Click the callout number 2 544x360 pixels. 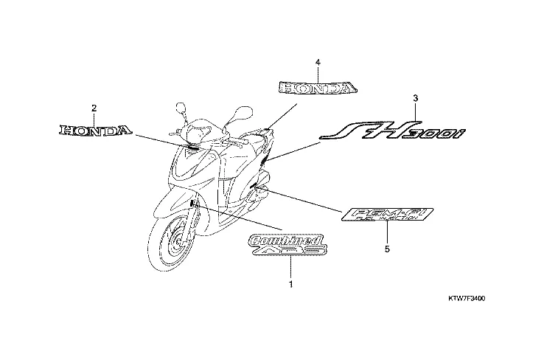(94, 108)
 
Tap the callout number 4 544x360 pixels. (318, 63)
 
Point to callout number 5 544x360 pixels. (387, 249)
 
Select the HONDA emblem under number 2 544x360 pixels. (95, 131)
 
